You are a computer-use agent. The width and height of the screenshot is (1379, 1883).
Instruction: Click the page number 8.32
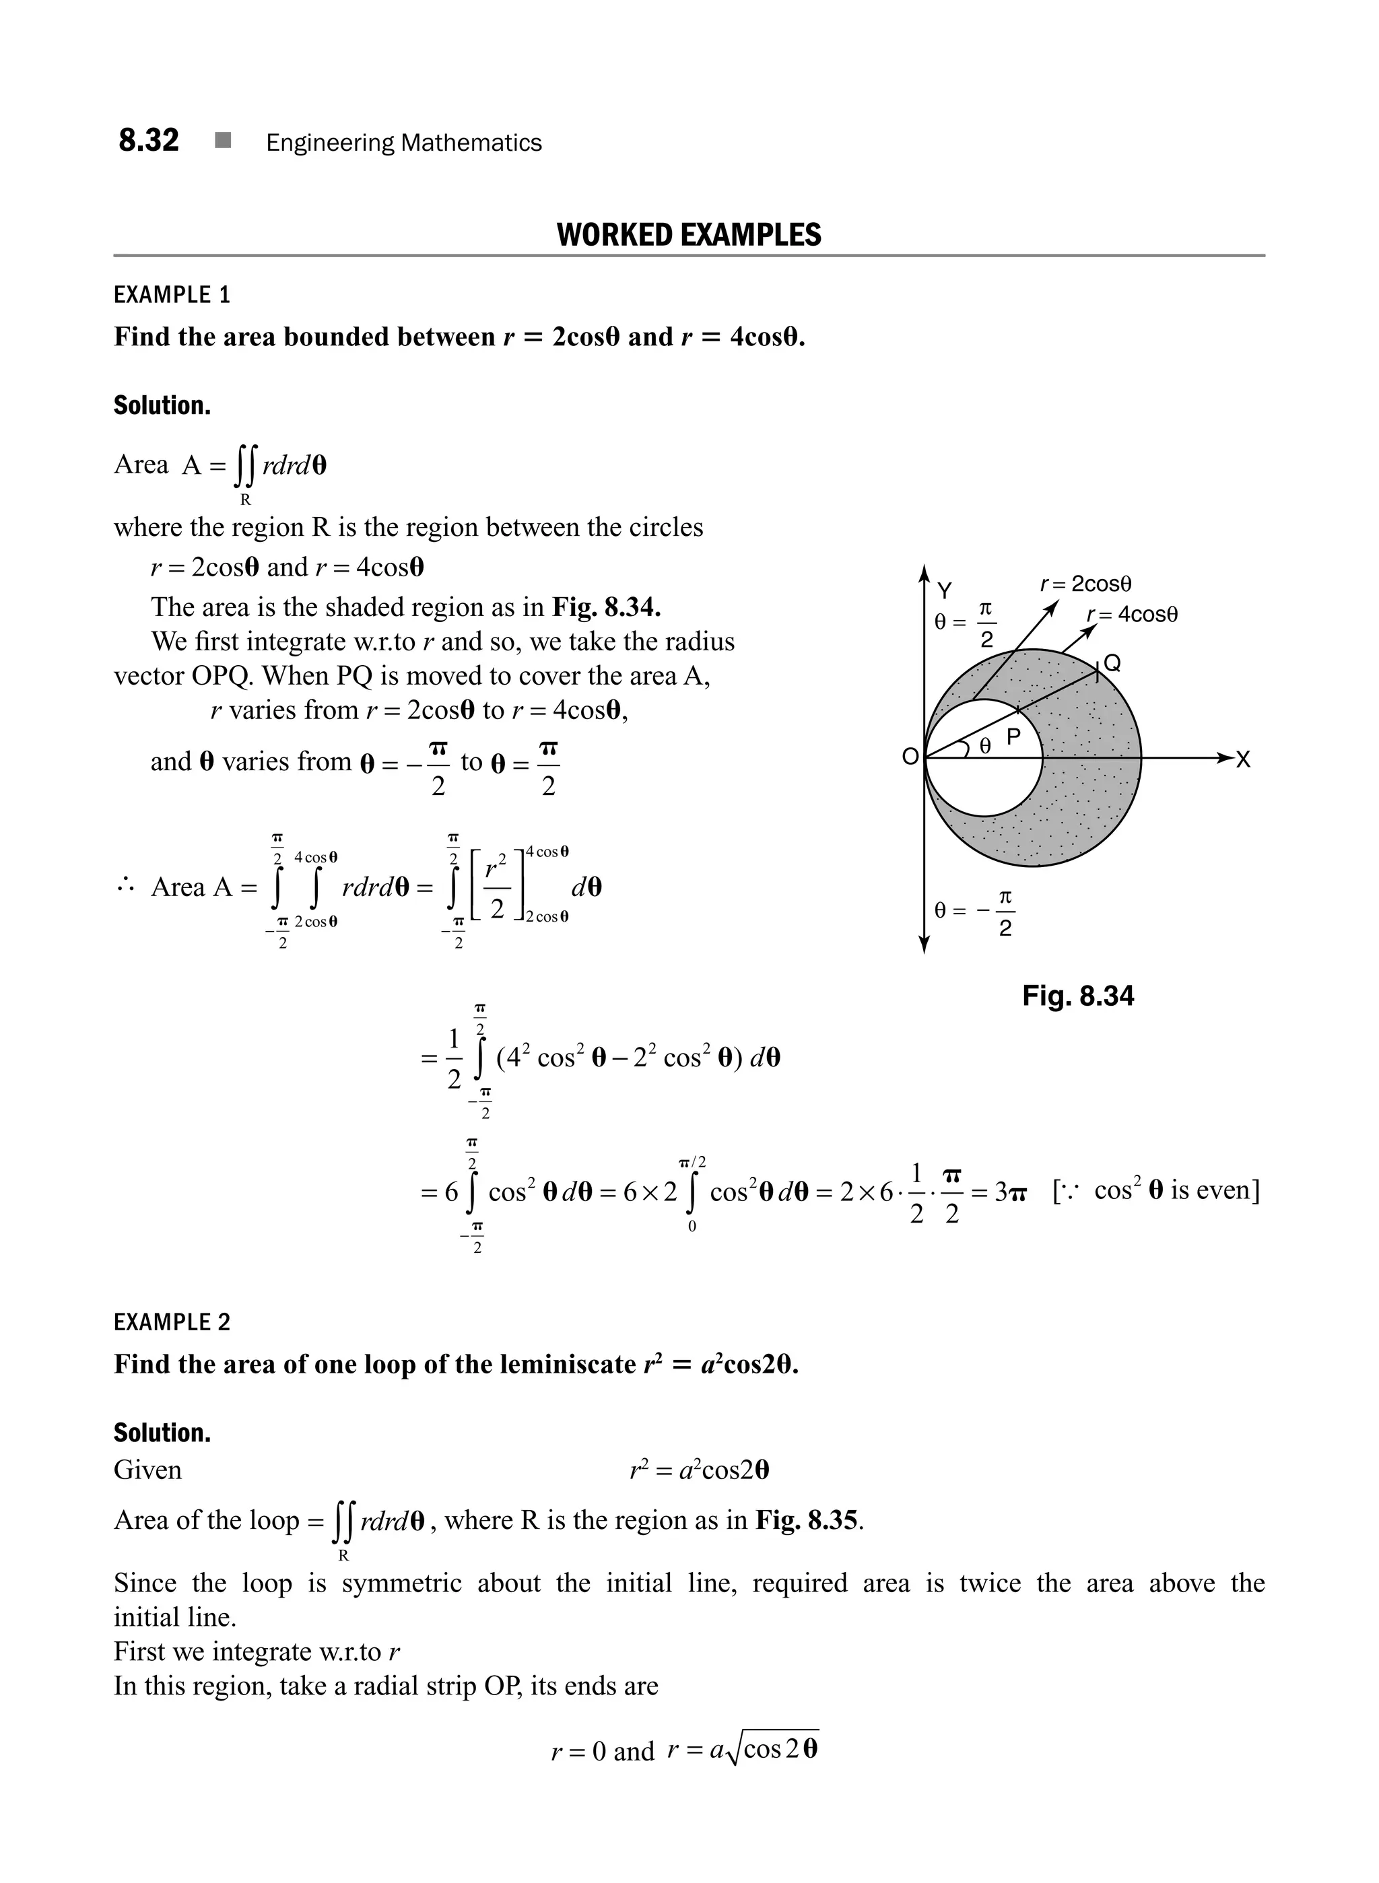pyautogui.click(x=149, y=140)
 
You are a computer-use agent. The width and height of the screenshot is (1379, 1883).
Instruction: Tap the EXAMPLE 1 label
pyautogui.click(x=172, y=295)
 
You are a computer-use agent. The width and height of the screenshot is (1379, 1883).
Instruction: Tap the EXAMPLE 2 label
pyautogui.click(x=172, y=1322)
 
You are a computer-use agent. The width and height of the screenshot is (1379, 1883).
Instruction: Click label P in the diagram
pyautogui.click(x=1013, y=737)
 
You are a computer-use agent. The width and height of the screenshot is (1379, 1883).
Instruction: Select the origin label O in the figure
pyautogui.click(x=910, y=757)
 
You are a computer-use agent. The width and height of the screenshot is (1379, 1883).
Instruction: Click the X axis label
pyautogui.click(x=1243, y=759)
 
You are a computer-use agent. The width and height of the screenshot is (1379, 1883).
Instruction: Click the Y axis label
pyautogui.click(x=944, y=591)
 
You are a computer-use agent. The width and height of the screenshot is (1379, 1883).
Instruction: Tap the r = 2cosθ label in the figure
pyautogui.click(x=1085, y=584)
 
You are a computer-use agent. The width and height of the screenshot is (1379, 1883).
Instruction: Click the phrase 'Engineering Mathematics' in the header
pyautogui.click(x=404, y=143)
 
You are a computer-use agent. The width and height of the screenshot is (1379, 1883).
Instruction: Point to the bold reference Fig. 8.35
pyautogui.click(x=807, y=1520)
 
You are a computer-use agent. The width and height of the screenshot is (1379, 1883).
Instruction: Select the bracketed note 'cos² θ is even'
pyautogui.click(x=1156, y=1190)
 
